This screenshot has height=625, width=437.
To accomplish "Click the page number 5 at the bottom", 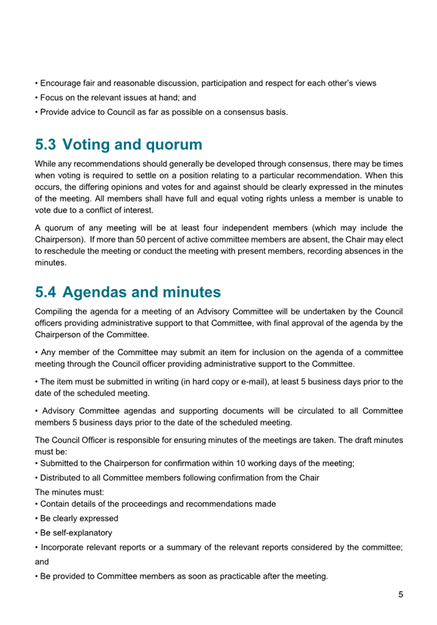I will click(x=401, y=595).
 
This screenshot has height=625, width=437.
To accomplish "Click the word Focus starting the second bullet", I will click(x=52, y=98).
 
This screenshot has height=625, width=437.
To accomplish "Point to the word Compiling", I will click(x=56, y=311).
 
